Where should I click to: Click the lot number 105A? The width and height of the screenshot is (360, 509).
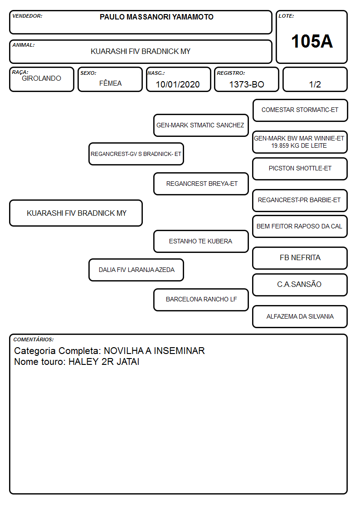coord(312,41)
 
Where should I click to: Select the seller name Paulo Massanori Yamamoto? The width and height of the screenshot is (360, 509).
coord(156,17)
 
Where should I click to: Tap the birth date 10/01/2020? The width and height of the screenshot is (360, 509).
coord(178,84)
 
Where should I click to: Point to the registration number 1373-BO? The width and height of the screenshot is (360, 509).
coord(247,84)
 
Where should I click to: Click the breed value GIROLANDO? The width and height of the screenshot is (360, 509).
coord(42,78)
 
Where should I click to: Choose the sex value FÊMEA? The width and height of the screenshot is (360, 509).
coord(110,83)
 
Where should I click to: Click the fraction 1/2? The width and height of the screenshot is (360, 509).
coord(315,84)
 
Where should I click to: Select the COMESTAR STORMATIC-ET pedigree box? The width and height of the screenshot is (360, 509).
coord(300,110)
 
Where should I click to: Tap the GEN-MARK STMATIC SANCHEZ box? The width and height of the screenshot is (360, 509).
coord(201,125)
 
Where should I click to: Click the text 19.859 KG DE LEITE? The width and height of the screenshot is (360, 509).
coord(299,146)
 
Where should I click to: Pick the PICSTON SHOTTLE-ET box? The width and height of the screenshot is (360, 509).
coord(300,169)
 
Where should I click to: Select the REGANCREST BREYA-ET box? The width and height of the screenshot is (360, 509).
coord(201,184)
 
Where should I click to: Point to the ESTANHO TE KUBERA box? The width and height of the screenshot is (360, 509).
coord(201,241)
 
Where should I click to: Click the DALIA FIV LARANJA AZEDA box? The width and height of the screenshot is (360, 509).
coord(136,270)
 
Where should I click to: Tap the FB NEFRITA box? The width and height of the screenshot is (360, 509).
coord(300,258)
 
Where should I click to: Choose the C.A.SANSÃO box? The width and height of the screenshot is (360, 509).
coord(300,285)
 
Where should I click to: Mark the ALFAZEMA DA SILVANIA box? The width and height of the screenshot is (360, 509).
coord(300,316)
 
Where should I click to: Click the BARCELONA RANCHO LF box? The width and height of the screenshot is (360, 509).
coord(201,299)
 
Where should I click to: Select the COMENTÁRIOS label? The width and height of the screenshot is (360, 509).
coord(34,339)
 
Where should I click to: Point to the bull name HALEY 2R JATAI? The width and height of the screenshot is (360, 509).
coord(104,362)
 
